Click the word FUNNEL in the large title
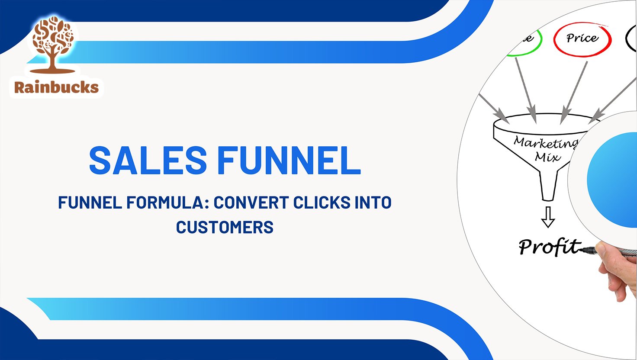pyautogui.click(x=289, y=160)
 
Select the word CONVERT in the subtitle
pyautogui.click(x=251, y=202)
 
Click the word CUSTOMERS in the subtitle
pyautogui.click(x=225, y=227)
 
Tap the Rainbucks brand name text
pyautogui.click(x=56, y=87)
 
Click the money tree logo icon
pyautogui.click(x=54, y=43)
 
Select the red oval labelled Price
pyautogui.click(x=582, y=39)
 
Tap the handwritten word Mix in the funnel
pyautogui.click(x=547, y=157)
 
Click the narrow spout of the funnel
pyautogui.click(x=548, y=186)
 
